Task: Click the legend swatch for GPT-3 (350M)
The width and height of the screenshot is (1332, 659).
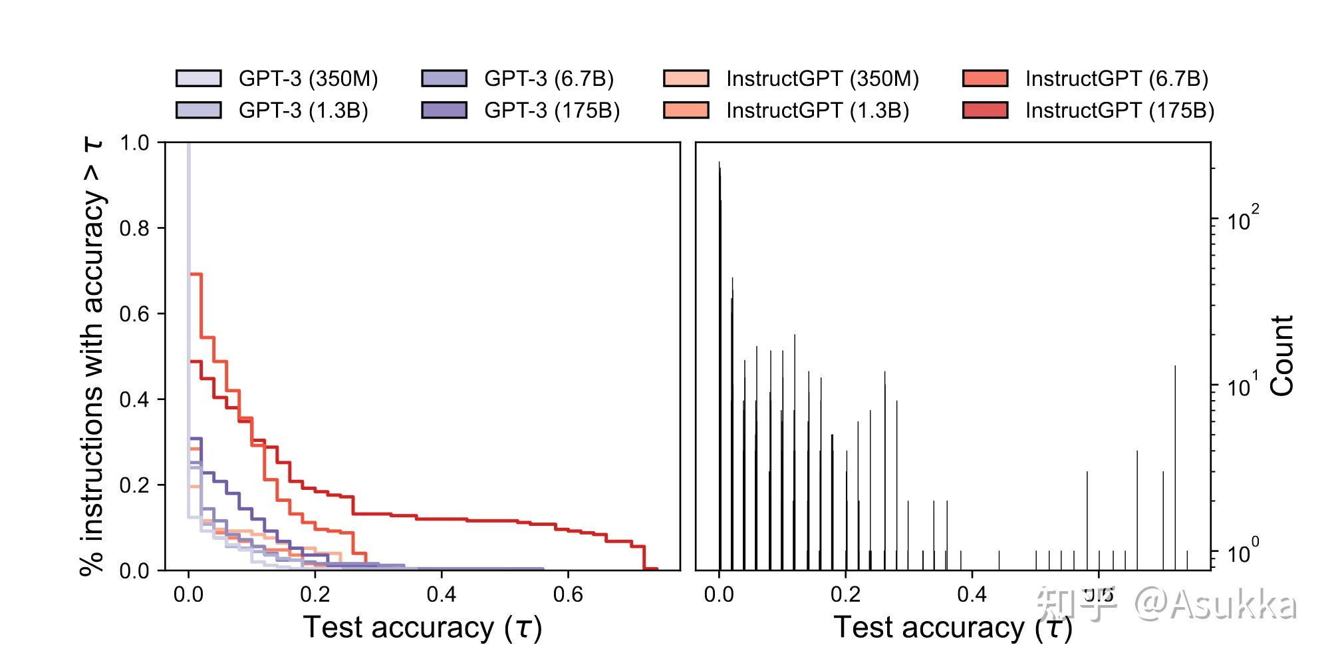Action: tap(198, 79)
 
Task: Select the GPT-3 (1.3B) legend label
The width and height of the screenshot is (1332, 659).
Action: tap(303, 110)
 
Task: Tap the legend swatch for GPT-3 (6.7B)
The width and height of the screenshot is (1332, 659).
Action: tap(444, 79)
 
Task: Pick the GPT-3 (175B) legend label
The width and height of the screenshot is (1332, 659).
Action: tap(552, 110)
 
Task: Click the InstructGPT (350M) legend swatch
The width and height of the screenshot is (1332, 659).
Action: tap(686, 79)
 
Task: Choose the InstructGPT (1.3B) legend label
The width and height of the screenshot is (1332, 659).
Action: tap(817, 110)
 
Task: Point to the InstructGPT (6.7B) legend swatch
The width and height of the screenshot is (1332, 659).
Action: tap(985, 79)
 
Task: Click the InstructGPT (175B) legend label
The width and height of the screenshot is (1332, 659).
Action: tap(1119, 110)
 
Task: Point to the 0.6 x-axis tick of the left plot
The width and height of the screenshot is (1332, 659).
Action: tap(568, 594)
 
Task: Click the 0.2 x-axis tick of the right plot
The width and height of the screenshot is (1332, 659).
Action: tap(846, 594)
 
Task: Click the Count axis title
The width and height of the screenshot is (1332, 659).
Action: tap(1282, 356)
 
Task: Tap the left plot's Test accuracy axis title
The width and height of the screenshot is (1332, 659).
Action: tap(422, 627)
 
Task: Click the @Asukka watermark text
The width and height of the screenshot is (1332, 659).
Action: tap(1216, 604)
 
